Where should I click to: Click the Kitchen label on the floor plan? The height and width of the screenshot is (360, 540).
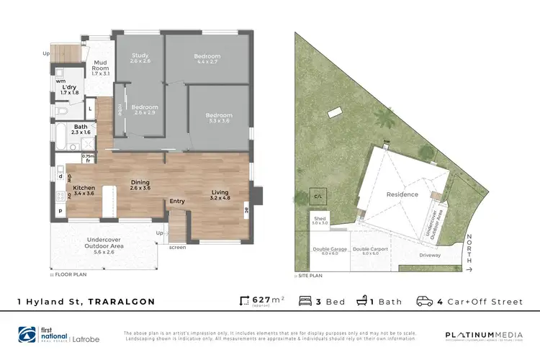pyautogui.click(x=84, y=190)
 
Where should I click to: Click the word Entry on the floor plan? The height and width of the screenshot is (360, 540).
pyautogui.click(x=177, y=202)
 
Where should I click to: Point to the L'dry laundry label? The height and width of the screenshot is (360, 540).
pyautogui.click(x=69, y=89)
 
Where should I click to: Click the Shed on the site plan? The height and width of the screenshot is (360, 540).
pyautogui.click(x=319, y=220)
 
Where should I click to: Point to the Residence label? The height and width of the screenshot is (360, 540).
pyautogui.click(x=402, y=194)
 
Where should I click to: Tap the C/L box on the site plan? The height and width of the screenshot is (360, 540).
pyautogui.click(x=318, y=196)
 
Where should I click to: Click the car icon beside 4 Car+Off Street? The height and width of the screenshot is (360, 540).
pyautogui.click(x=425, y=301)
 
